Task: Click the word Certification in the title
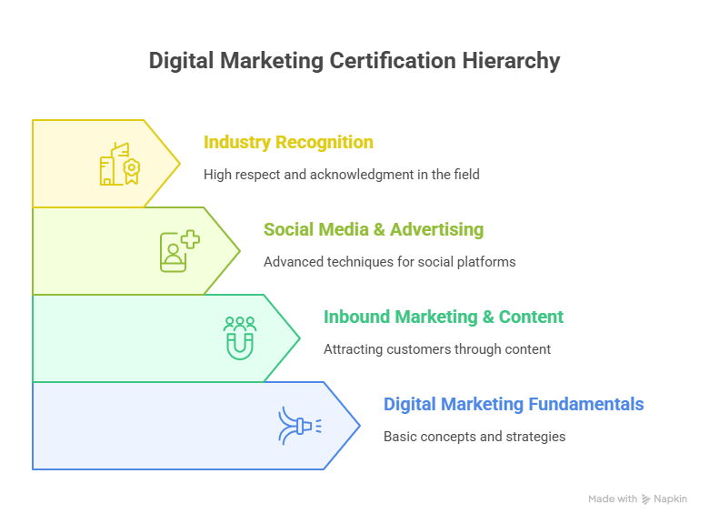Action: click(x=393, y=61)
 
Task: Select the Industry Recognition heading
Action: click(x=288, y=143)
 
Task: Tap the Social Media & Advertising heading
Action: click(x=374, y=229)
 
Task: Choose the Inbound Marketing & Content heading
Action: click(x=444, y=317)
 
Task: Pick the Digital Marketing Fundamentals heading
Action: click(x=514, y=404)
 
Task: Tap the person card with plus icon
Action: click(x=180, y=251)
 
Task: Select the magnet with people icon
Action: click(x=240, y=338)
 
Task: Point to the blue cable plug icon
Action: click(x=300, y=426)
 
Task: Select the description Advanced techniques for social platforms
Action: click(x=390, y=262)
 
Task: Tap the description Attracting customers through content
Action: click(x=437, y=349)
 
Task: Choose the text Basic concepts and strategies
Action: click(x=474, y=437)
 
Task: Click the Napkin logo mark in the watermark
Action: click(x=645, y=499)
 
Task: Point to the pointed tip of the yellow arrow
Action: click(x=180, y=164)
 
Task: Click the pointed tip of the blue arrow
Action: click(x=360, y=426)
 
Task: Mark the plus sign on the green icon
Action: click(x=190, y=239)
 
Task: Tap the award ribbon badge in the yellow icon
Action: click(x=132, y=171)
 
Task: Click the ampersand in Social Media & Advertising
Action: click(x=379, y=230)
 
